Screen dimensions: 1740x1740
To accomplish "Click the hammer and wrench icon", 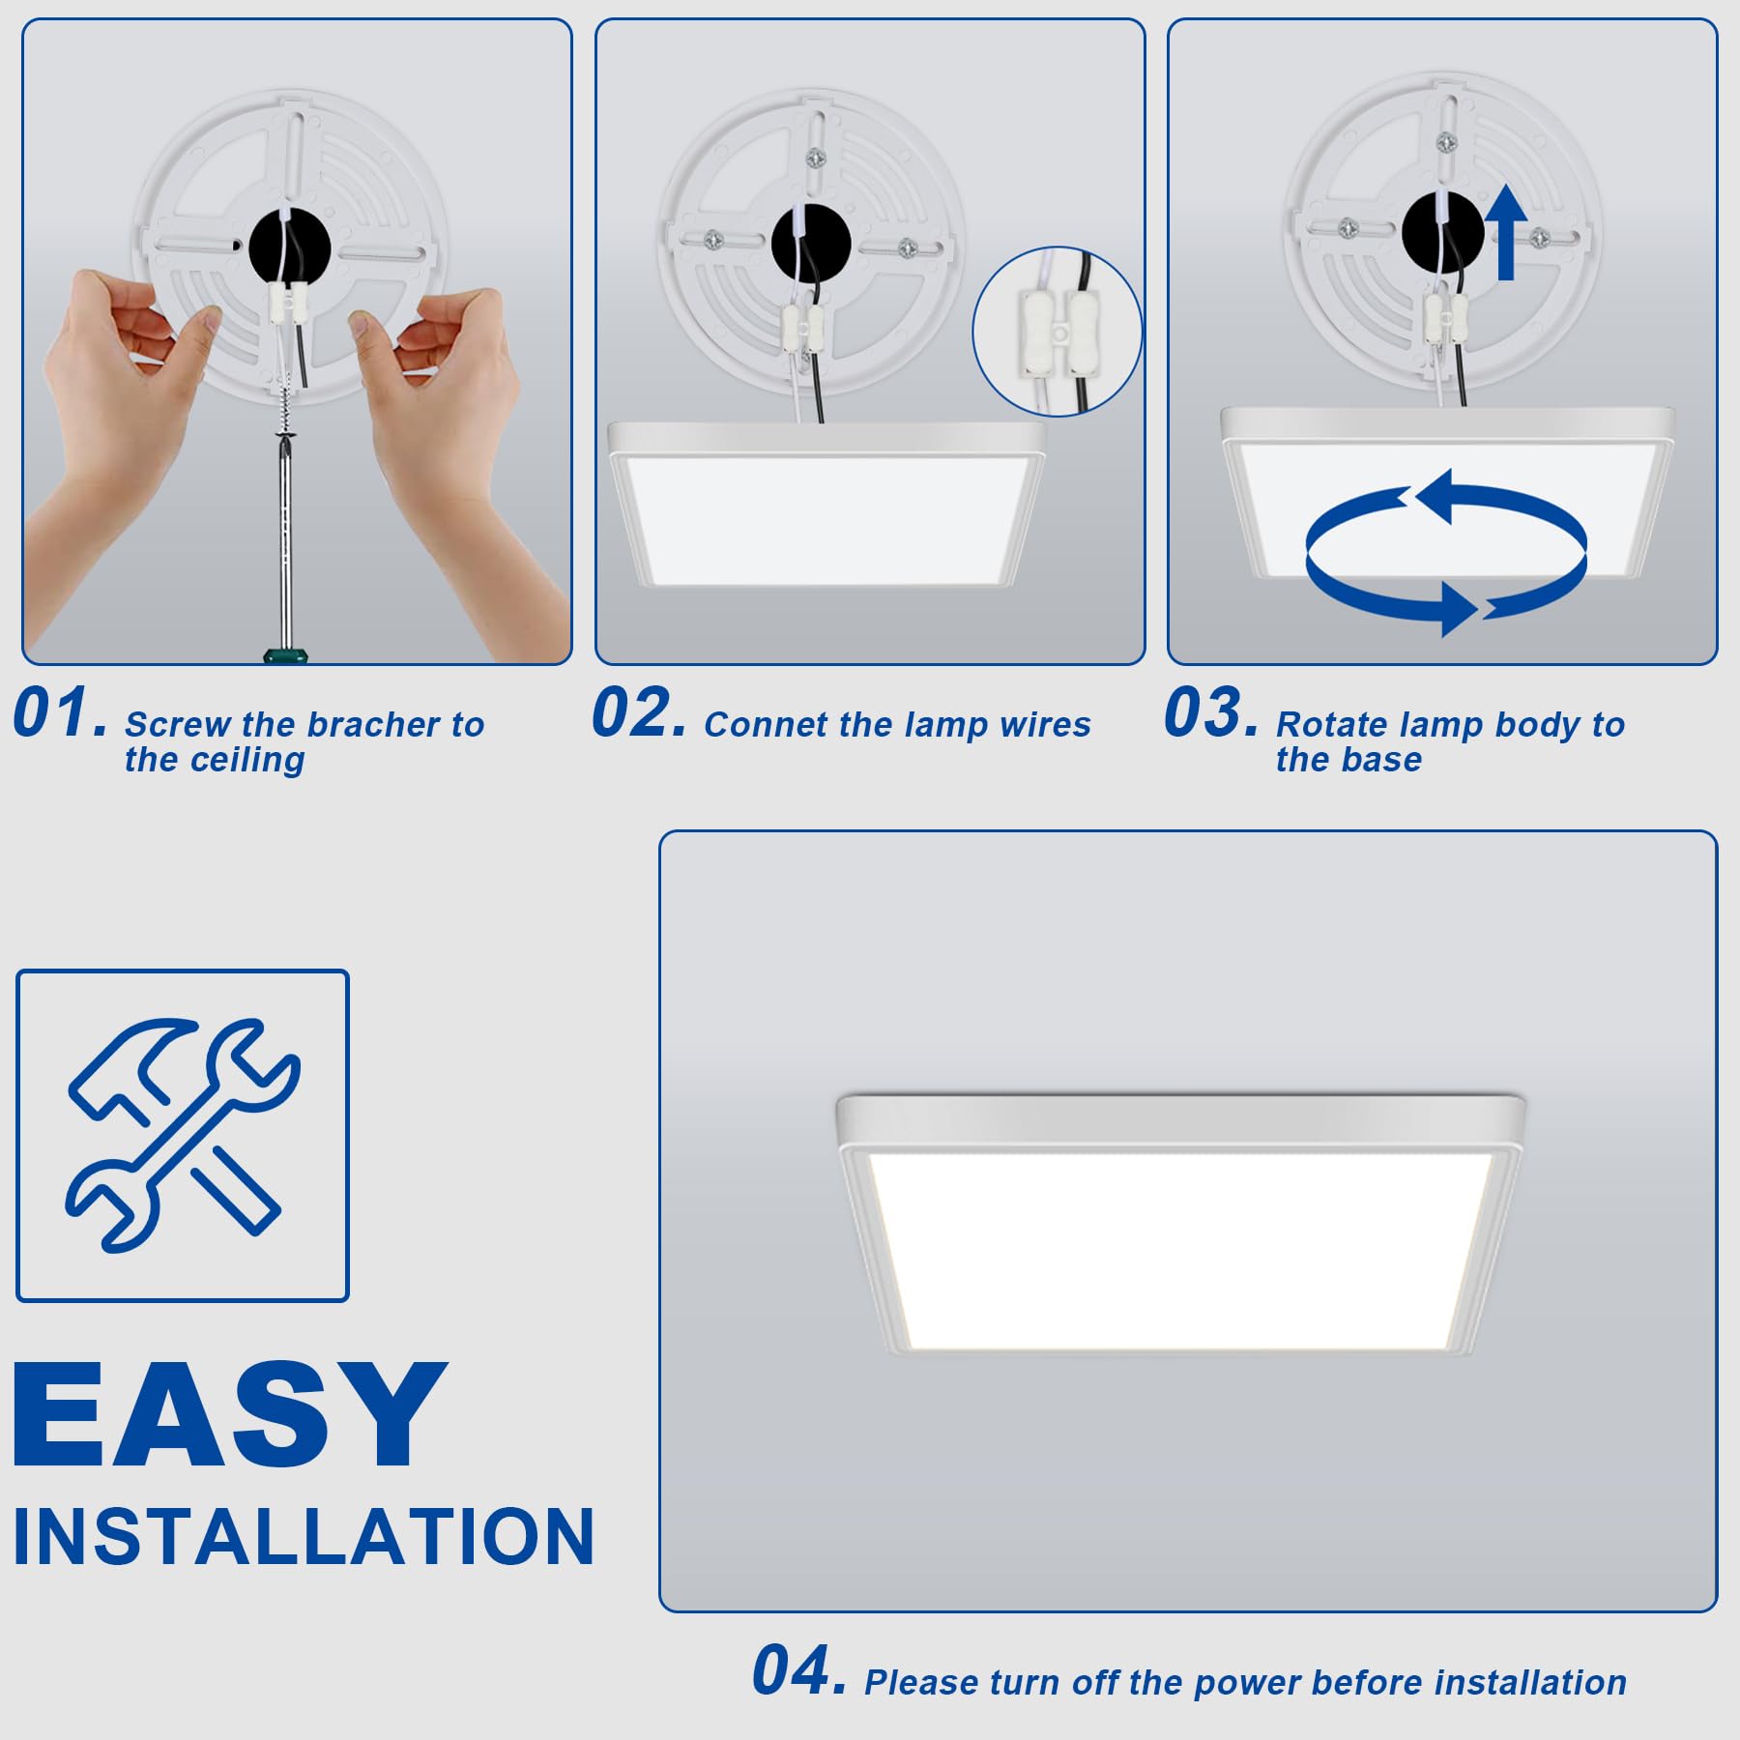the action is pyautogui.click(x=183, y=1135).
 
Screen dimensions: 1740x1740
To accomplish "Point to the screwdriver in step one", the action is pyautogui.click(x=284, y=541).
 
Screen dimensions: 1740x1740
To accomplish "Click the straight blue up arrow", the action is pyautogui.click(x=1505, y=233).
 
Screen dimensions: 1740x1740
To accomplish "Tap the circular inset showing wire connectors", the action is pyautogui.click(x=1058, y=332).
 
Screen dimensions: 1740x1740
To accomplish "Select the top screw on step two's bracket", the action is pyautogui.click(x=815, y=157).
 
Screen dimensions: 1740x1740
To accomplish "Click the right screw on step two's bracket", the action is pyautogui.click(x=907, y=248).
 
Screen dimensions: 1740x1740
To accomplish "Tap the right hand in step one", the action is pyautogui.click(x=454, y=425).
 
